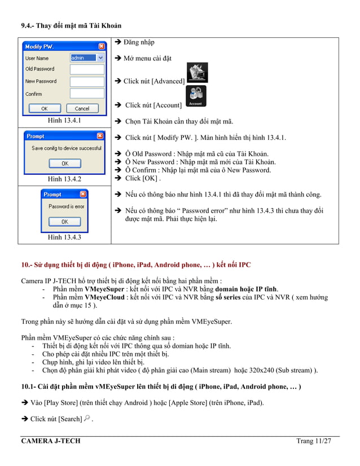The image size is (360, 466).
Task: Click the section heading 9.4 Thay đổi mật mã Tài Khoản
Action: pyautogui.click(x=71, y=25)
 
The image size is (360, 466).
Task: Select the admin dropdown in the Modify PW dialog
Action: pyautogui.click(x=87, y=58)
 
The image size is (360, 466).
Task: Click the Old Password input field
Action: pyautogui.click(x=87, y=69)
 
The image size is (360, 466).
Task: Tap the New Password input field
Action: pyautogui.click(x=87, y=81)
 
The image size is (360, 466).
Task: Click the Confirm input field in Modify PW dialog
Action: pyautogui.click(x=87, y=94)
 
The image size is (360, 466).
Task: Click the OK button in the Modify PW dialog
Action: pyautogui.click(x=43, y=108)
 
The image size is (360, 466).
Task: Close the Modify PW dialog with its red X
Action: pyautogui.click(x=101, y=46)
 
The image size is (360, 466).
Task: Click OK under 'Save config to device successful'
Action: pyautogui.click(x=64, y=164)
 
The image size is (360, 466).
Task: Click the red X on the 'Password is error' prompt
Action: pyautogui.click(x=84, y=194)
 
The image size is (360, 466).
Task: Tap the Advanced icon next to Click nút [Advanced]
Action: pyautogui.click(x=197, y=73)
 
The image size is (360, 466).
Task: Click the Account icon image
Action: pyautogui.click(x=196, y=96)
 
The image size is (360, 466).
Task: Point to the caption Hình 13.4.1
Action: pyautogui.click(x=64, y=120)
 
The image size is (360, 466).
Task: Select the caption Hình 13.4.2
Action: pyautogui.click(x=64, y=179)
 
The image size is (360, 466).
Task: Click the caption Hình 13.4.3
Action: pyautogui.click(x=64, y=237)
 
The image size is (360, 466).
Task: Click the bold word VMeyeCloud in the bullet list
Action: pyautogui.click(x=104, y=297)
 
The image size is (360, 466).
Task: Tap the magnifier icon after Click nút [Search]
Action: pyautogui.click(x=86, y=418)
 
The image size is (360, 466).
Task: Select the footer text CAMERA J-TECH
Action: pyautogui.click(x=51, y=441)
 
